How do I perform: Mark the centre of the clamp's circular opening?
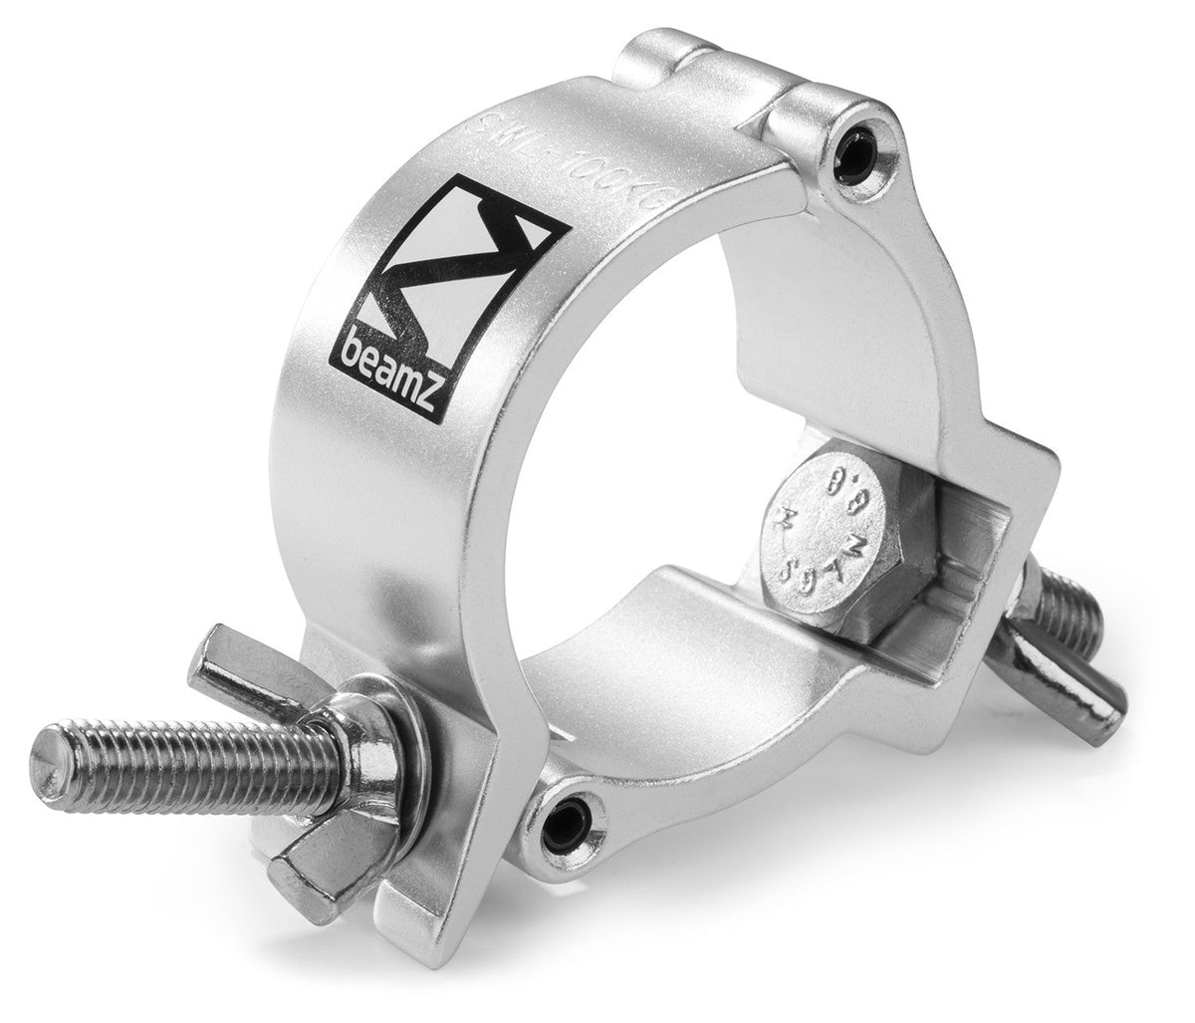pos(677,438)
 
